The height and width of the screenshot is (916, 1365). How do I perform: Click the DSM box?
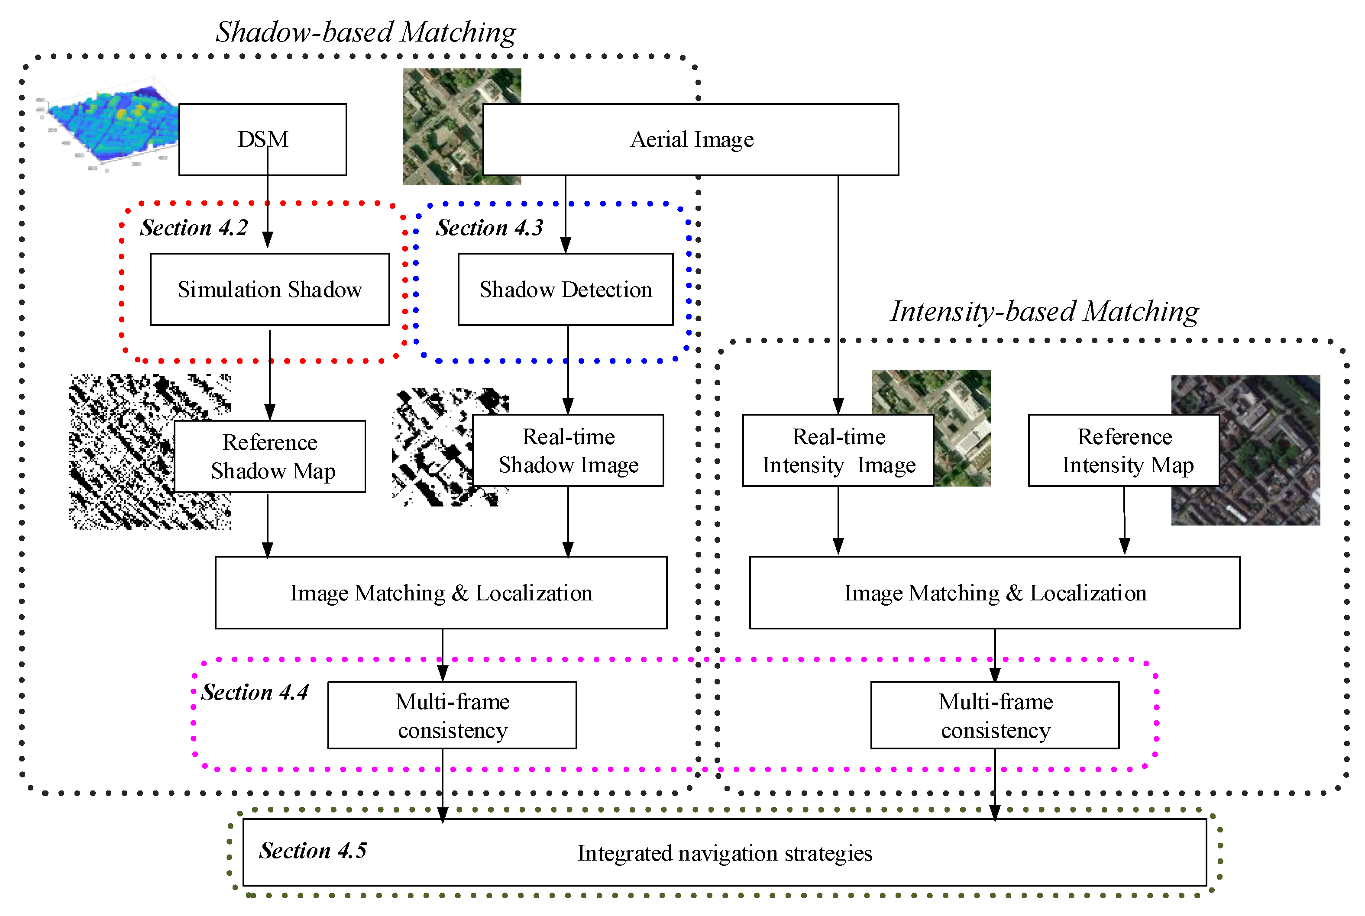(262, 140)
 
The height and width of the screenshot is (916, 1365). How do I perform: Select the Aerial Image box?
(691, 140)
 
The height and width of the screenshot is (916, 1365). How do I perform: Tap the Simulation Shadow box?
(269, 290)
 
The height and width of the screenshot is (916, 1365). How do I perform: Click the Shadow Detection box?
(565, 290)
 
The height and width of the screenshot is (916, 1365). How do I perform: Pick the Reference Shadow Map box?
(270, 457)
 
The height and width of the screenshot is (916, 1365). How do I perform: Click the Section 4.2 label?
(194, 228)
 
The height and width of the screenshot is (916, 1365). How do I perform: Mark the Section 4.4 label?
(255, 692)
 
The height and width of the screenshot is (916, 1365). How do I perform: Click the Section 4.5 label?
(313, 851)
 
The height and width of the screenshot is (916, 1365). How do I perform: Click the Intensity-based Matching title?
(1044, 311)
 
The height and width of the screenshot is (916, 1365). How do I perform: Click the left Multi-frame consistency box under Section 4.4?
(452, 716)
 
